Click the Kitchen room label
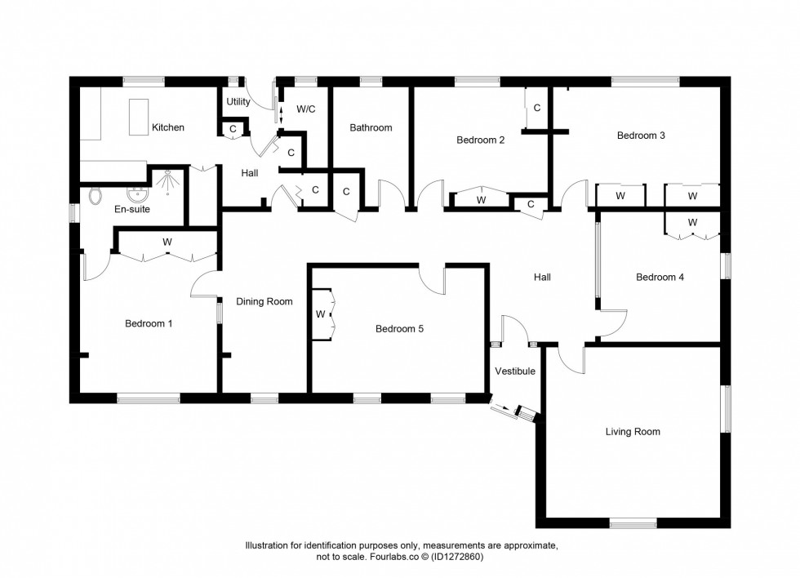coord(167,127)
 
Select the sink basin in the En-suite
coord(136,194)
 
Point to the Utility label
coord(238,102)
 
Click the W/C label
coord(306,109)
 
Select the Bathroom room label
coord(371,127)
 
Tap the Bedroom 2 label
coord(480,140)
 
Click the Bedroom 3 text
coord(640,136)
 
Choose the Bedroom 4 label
coord(660,277)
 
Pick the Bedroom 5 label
coord(399,329)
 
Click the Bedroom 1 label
coord(149,323)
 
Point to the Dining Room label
coord(264,301)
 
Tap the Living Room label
coord(633,432)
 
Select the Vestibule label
coord(515,371)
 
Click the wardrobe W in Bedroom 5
coord(321,314)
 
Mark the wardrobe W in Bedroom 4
coord(692,222)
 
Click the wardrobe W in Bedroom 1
coord(167,242)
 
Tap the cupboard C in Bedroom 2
coord(536,108)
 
